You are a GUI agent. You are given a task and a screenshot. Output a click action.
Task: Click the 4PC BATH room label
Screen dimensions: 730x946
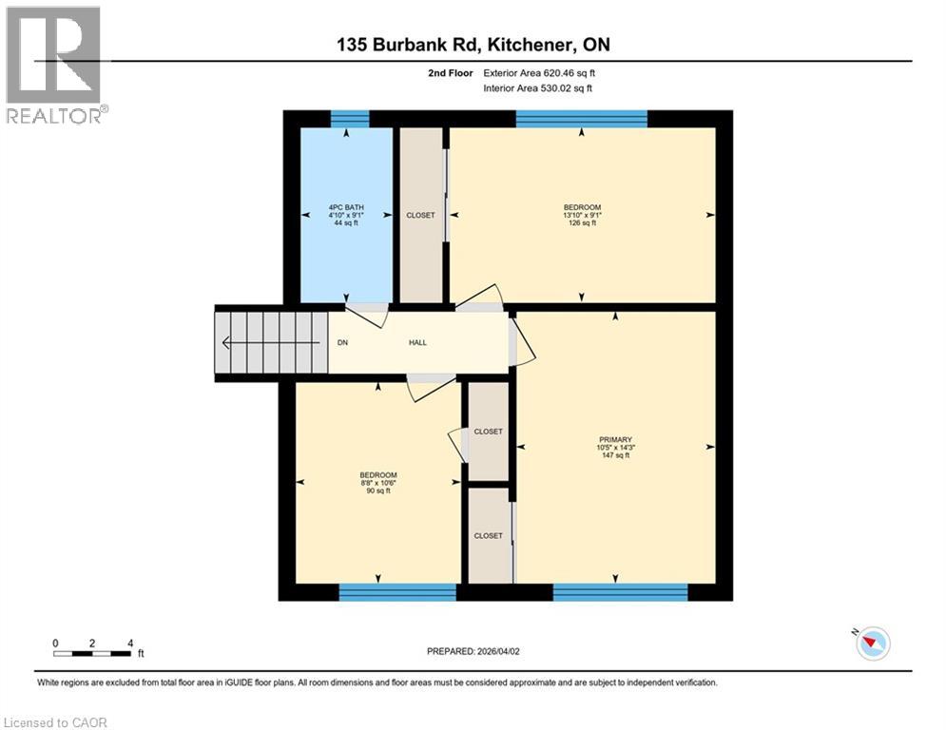point(346,207)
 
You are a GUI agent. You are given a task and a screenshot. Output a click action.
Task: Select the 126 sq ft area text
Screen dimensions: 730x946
point(582,223)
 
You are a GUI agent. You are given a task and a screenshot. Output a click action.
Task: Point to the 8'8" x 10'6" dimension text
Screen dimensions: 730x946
point(377,483)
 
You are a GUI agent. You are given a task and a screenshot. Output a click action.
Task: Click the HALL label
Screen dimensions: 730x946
point(417,342)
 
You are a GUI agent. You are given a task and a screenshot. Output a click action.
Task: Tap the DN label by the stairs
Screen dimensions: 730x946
point(342,342)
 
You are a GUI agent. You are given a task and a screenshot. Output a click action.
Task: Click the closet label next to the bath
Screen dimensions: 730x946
point(420,215)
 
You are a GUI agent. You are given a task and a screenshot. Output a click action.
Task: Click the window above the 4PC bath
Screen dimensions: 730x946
point(349,119)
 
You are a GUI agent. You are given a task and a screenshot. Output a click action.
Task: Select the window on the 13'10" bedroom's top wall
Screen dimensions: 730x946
point(581,119)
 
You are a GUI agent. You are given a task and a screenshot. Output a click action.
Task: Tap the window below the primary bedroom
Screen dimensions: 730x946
point(620,592)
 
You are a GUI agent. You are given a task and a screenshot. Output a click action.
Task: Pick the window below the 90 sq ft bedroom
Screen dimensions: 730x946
point(397,592)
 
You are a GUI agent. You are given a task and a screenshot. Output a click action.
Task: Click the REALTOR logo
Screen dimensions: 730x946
point(54,65)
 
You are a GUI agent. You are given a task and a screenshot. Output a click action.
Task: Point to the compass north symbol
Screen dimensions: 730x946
point(872,644)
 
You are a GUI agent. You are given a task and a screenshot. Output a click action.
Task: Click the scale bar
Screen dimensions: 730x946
point(93,652)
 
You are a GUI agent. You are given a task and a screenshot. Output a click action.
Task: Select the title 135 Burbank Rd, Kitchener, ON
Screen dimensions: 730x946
point(473,46)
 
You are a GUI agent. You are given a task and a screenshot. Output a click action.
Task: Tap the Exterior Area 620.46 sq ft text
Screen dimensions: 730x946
point(539,72)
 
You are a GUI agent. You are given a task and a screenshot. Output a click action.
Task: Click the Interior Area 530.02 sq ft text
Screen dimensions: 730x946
point(539,88)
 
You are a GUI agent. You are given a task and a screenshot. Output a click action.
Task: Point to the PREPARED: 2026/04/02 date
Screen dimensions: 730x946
point(473,651)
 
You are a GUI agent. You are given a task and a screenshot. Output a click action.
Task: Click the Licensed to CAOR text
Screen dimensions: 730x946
point(55,722)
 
